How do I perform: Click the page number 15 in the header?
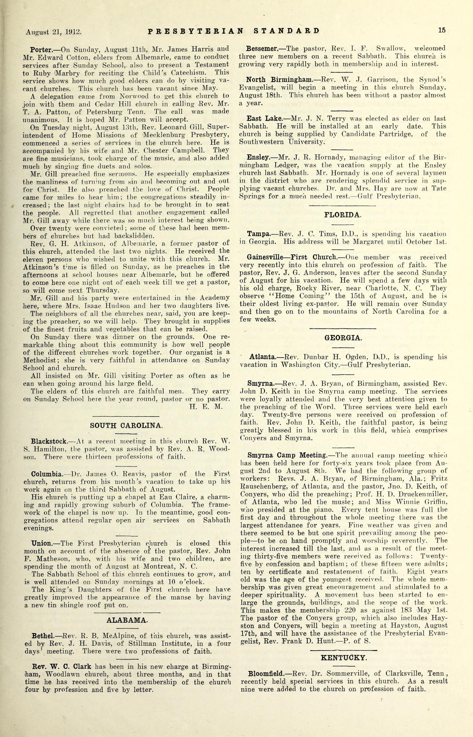(x=442, y=30)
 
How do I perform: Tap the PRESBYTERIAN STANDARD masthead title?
(x=234, y=31)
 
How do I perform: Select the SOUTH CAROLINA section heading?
(x=126, y=426)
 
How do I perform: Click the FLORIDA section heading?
(x=343, y=215)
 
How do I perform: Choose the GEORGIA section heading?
(x=342, y=338)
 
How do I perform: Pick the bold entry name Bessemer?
(x=261, y=48)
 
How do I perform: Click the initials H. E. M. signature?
(x=205, y=406)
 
